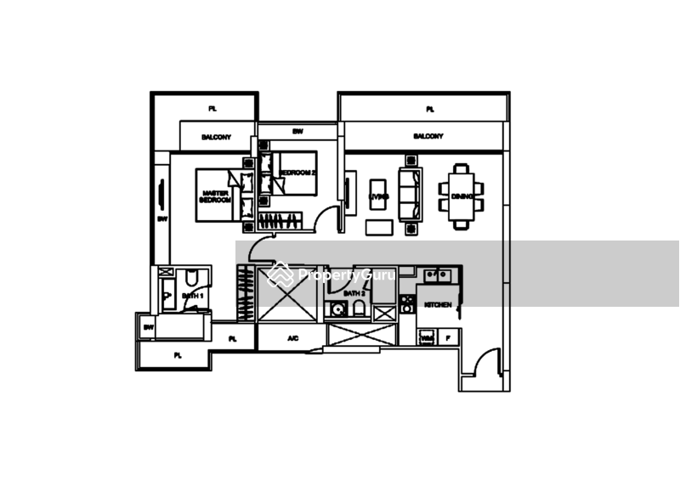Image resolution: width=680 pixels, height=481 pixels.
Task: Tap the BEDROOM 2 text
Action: coord(295,172)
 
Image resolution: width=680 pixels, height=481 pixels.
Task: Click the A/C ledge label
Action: coord(292,339)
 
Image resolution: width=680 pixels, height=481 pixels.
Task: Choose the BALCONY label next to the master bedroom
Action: coord(217,136)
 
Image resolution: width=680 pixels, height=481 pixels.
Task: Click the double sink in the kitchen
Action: coord(442,276)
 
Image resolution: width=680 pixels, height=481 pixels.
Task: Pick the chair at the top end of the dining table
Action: coord(459,167)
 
